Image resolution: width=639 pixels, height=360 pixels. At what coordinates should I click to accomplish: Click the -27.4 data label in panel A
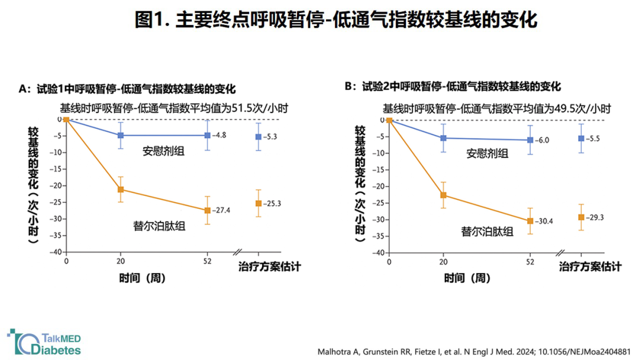pos(221,210)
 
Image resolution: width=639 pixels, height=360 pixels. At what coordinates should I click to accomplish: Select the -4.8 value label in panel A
pos(219,135)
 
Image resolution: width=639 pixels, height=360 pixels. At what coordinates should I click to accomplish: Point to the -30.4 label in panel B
pos(544,221)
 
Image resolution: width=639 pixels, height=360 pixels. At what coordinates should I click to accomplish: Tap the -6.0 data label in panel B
pos(542,140)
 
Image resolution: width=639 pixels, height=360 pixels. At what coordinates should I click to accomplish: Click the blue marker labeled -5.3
pos(259,137)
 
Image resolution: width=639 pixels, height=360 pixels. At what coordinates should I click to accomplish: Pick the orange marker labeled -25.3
pos(259,204)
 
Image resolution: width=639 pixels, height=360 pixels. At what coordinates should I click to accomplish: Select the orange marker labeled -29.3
pos(581,217)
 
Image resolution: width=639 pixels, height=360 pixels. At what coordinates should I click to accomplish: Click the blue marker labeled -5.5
pos(581,139)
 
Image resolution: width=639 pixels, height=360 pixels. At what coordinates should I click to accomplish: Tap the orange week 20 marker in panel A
pos(121,189)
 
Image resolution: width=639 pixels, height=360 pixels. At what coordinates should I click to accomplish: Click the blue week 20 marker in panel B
pos(443,138)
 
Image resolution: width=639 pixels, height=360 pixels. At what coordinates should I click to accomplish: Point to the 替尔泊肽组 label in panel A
pos(159,226)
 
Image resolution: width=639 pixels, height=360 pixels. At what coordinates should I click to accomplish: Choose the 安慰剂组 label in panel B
pos(488,154)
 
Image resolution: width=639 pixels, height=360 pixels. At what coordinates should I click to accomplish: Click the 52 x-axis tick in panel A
pos(208,261)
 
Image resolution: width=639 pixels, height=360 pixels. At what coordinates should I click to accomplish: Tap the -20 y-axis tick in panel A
pos(56,185)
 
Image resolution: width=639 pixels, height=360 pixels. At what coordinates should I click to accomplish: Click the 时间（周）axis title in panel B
pos(467,278)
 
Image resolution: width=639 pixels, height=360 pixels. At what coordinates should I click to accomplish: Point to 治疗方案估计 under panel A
pos(269,267)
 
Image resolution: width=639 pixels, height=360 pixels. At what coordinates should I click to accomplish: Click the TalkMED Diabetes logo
pos(44,342)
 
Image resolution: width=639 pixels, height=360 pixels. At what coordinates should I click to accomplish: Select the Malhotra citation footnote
pos(474,352)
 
